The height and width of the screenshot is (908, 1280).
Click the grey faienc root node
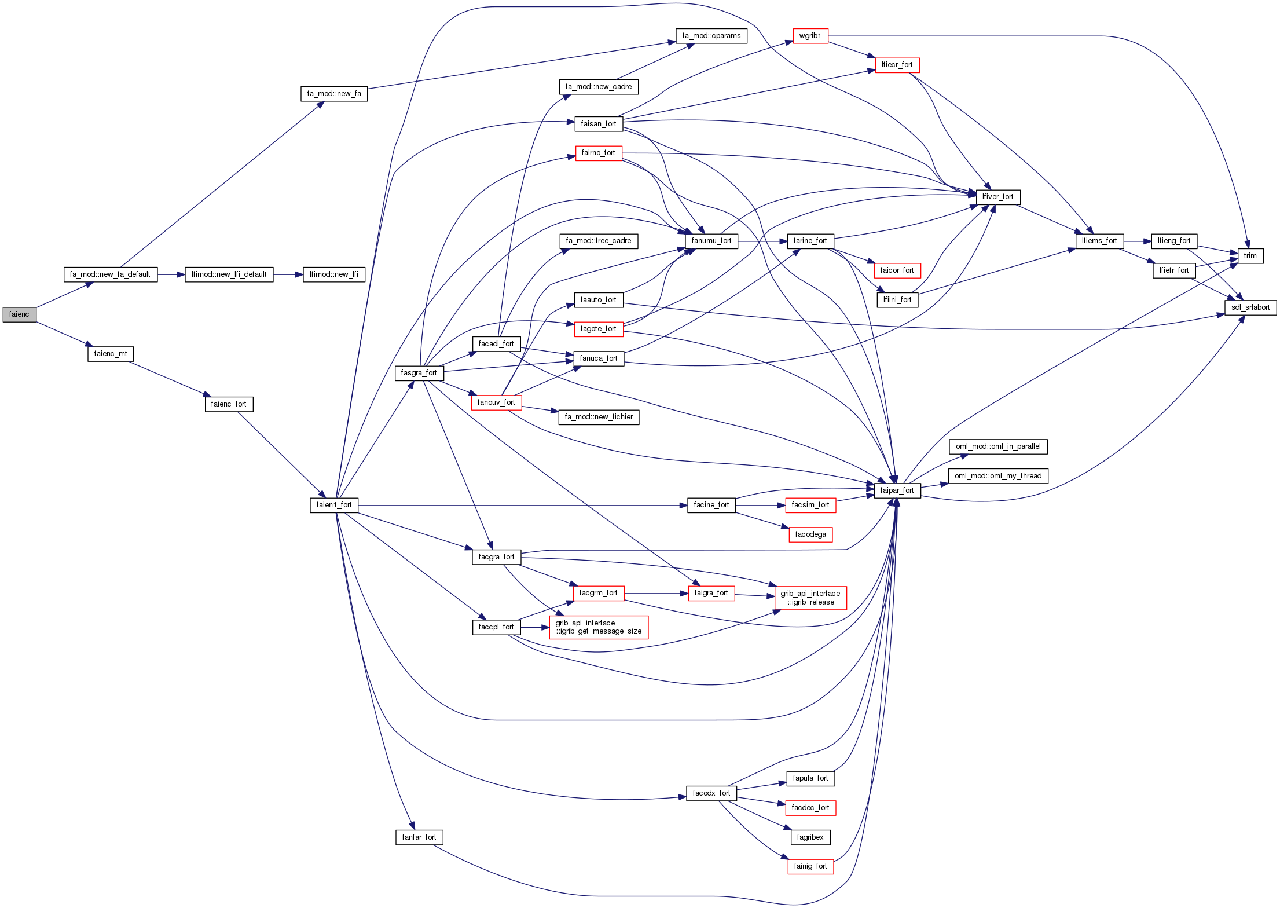19,314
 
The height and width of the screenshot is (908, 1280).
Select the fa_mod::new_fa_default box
110,274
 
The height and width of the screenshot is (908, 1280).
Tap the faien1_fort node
334,505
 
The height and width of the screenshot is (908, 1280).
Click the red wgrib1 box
810,36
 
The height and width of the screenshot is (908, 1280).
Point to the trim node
1250,256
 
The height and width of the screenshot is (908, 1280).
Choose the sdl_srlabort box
1250,307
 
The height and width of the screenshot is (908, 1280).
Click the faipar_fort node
897,490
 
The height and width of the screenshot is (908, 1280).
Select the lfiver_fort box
997,197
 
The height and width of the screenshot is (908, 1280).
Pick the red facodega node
810,534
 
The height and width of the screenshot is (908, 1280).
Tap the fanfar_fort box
419,837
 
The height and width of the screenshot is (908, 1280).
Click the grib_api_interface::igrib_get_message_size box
598,627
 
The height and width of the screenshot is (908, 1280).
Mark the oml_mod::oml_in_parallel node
997,446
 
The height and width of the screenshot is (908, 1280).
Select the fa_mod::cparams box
711,36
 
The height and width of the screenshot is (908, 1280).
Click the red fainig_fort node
810,866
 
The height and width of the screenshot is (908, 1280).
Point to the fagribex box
810,837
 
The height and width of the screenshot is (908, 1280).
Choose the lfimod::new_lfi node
333,274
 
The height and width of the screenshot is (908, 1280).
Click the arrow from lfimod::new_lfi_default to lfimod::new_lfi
288,274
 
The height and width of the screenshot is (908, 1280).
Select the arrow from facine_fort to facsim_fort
760,506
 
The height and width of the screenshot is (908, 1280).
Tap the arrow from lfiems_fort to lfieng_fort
1137,241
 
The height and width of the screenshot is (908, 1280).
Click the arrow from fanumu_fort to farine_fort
762,241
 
